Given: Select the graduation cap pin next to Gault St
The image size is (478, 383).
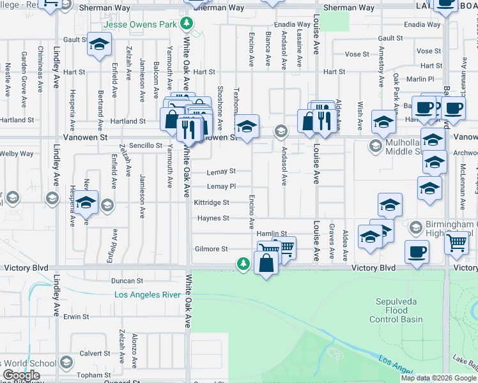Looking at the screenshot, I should click(x=99, y=45).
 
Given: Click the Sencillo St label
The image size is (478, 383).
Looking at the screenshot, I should click(x=146, y=146).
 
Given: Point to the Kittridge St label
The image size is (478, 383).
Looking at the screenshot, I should click(x=212, y=202).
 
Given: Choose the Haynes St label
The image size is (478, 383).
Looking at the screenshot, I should click(x=213, y=218).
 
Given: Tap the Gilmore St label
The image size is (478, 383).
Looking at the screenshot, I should click(x=212, y=249).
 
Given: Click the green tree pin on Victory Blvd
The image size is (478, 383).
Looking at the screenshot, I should click(x=243, y=263).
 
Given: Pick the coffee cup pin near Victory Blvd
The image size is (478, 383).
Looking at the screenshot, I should click(x=417, y=252).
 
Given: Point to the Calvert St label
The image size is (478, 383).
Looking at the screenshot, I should click(x=95, y=353).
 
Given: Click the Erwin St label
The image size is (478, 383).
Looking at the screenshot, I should click(x=75, y=317).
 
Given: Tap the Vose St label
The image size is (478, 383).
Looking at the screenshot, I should click(x=428, y=51).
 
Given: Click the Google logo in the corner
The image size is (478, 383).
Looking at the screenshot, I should click(x=21, y=376).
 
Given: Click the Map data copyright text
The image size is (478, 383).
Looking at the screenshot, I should click(x=438, y=378).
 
